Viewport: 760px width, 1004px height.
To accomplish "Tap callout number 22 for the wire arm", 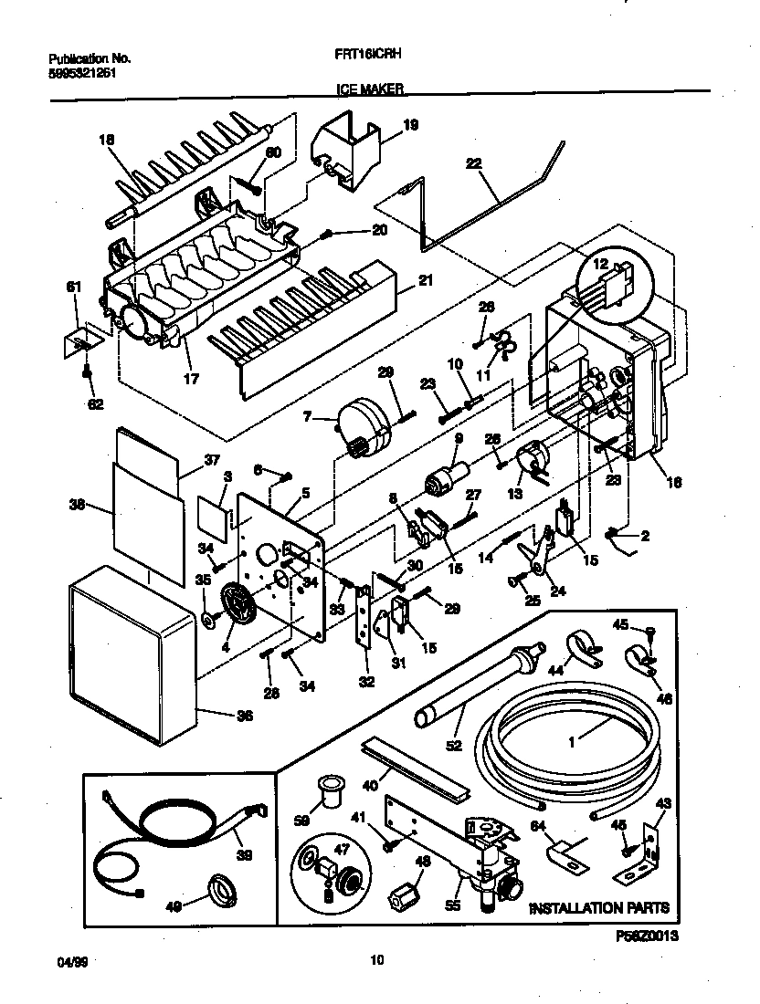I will pos(473,164).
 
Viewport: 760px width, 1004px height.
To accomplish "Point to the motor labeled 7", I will pos(365,422).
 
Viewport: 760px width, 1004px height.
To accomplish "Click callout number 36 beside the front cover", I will pos(243,716).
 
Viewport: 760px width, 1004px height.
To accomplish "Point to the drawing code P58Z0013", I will pos(649,936).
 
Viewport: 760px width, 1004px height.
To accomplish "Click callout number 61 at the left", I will pos(76,288).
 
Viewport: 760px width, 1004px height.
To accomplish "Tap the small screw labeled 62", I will pos(87,371).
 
